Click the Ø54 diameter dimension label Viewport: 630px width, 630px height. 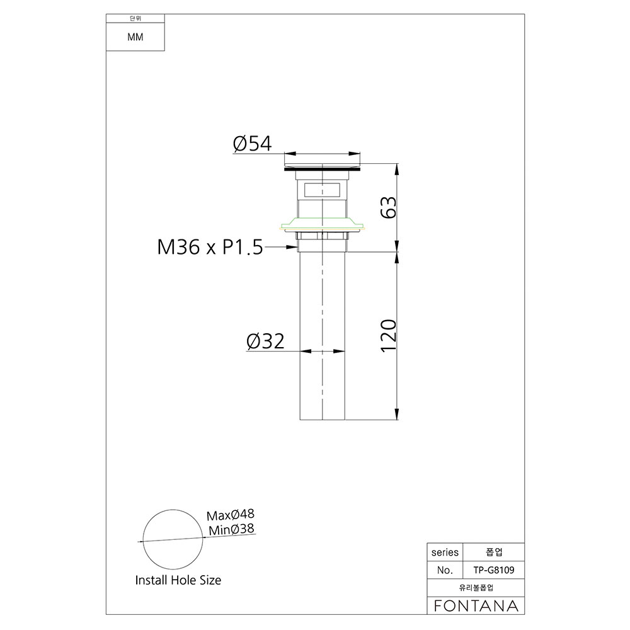click(253, 144)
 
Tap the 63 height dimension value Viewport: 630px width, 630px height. click(389, 207)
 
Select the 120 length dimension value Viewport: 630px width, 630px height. click(389, 336)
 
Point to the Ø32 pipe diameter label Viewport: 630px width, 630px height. click(266, 341)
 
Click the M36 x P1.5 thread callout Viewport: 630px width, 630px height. click(210, 247)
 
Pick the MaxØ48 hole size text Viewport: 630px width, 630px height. click(230, 515)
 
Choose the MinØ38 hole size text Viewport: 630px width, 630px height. click(231, 529)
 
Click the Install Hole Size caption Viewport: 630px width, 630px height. click(178, 580)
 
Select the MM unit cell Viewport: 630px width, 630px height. click(135, 37)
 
